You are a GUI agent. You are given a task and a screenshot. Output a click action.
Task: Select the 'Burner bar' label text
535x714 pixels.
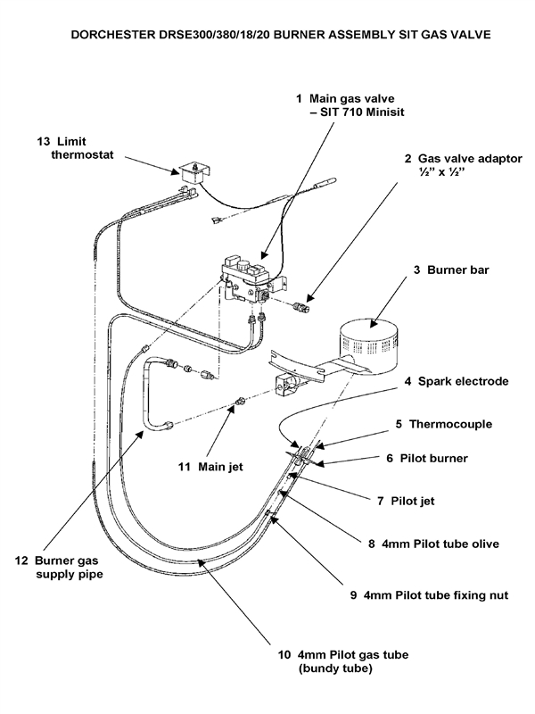(450, 268)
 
